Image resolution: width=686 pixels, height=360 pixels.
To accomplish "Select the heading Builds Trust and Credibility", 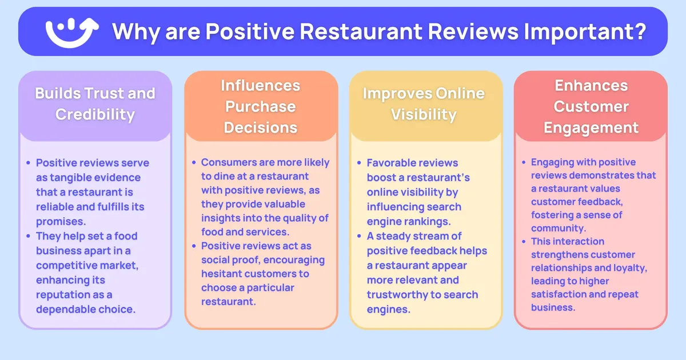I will (95, 103).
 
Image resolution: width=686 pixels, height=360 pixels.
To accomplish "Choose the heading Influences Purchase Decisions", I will (261, 106).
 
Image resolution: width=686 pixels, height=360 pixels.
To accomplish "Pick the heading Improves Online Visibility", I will (424, 103).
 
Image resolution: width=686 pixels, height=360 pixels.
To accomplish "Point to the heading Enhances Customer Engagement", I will (591, 106).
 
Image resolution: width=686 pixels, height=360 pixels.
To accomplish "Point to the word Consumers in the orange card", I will (229, 162).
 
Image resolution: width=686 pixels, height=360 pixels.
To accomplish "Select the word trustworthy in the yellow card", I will (397, 295).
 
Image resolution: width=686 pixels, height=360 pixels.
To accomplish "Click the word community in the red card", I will (553, 228).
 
